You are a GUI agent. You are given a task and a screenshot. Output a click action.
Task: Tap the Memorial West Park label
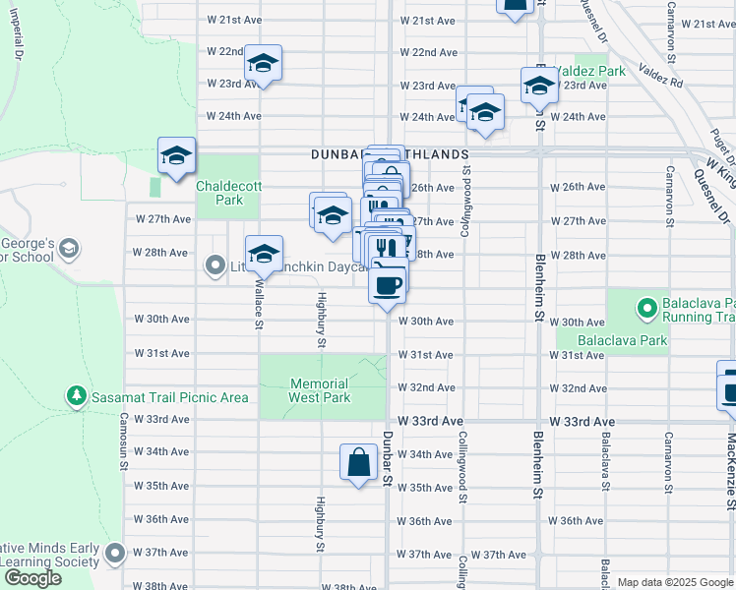(x=319, y=390)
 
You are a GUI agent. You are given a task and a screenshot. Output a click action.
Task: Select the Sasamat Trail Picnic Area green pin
(x=77, y=396)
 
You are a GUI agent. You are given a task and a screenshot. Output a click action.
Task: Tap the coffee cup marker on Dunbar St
(x=387, y=284)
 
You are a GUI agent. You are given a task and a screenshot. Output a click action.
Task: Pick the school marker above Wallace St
(x=263, y=255)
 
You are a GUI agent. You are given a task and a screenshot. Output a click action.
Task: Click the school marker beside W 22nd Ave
(x=263, y=63)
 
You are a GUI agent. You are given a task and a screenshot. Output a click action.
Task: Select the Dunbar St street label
(x=389, y=458)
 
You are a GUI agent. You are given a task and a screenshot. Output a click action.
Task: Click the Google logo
(x=32, y=578)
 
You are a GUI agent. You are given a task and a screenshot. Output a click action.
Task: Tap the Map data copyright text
(x=675, y=582)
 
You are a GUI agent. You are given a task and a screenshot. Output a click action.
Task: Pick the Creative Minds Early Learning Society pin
(x=116, y=554)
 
